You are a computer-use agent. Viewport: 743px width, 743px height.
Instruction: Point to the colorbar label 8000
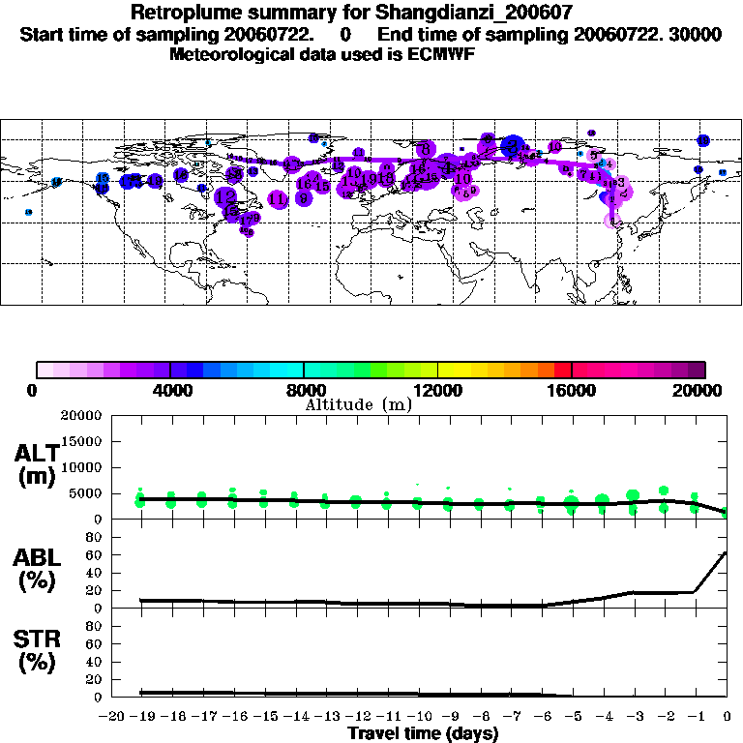pos(304,390)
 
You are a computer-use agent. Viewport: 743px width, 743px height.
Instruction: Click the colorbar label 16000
pos(571,390)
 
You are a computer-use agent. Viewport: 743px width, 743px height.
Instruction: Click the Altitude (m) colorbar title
pos(358,404)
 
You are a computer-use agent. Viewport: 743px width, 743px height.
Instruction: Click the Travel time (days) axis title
pos(423,733)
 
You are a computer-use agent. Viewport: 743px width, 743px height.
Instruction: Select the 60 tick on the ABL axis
pos(95,554)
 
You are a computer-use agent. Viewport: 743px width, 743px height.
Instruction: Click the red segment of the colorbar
pos(562,370)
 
